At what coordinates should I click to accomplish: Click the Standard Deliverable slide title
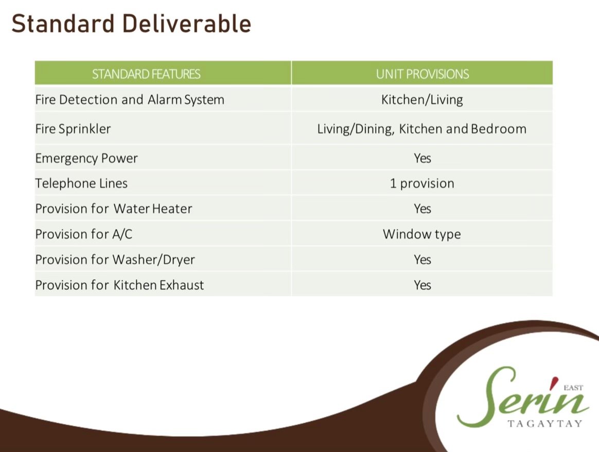[x=131, y=24]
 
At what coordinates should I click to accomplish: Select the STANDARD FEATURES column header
[x=146, y=74]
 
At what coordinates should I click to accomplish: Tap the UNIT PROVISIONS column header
[x=422, y=74]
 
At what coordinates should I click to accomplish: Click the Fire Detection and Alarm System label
[x=130, y=100]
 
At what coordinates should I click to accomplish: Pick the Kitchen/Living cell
[x=422, y=100]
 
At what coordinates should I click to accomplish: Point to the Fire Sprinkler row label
[x=73, y=129]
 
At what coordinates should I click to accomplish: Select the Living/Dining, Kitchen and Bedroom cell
[x=422, y=129]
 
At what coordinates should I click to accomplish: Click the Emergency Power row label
[x=86, y=159]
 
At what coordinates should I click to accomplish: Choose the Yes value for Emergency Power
[x=422, y=158]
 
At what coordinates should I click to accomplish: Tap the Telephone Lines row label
[x=81, y=183]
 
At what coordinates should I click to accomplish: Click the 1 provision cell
[x=422, y=184]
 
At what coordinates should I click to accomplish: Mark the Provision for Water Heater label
[x=113, y=208]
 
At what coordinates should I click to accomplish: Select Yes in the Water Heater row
[x=422, y=208]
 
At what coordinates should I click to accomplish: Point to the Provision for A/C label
[x=84, y=234]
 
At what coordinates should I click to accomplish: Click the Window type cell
[x=422, y=234]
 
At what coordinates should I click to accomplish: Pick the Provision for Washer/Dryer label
[x=115, y=260]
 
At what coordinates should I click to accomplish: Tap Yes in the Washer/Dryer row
[x=422, y=260]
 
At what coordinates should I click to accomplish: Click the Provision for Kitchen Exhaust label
[x=119, y=285]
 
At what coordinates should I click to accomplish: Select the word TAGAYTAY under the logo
[x=545, y=423]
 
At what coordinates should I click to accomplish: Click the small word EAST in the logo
[x=573, y=388]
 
